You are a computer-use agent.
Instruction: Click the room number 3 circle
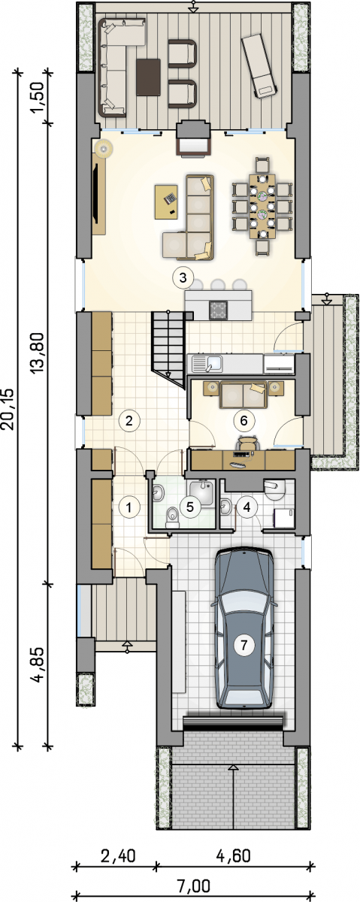[183, 277]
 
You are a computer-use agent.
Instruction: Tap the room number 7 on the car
[244, 645]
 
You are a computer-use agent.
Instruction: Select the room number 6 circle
[244, 420]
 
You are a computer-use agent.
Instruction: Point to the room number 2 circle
[129, 421]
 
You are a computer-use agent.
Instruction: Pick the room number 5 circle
[190, 507]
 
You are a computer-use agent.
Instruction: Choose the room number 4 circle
[247, 507]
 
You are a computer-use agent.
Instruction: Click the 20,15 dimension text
[8, 409]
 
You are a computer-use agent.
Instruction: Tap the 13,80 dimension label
[38, 353]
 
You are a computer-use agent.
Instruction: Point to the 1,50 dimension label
[38, 99]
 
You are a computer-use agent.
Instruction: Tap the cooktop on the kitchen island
[219, 309]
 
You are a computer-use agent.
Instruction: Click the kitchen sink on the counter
[207, 364]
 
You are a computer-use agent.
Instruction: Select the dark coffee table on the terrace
[148, 77]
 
